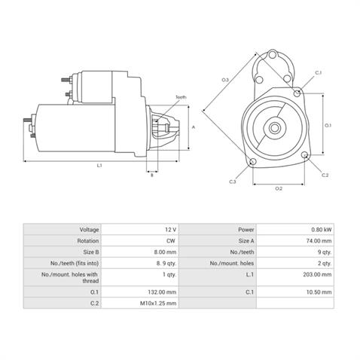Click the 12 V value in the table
click(x=170, y=229)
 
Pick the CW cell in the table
click(x=172, y=241)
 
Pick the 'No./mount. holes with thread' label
click(x=72, y=277)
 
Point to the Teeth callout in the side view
click(x=181, y=98)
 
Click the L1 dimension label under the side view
click(x=99, y=165)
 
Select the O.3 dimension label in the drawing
click(x=225, y=80)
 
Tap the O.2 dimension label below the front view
click(x=279, y=188)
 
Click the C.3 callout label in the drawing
click(x=233, y=182)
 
